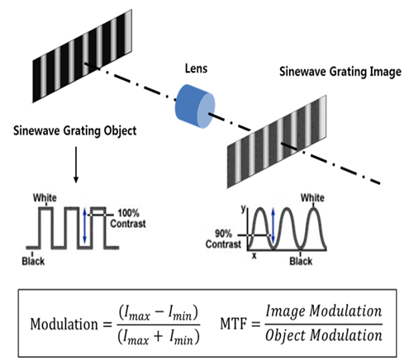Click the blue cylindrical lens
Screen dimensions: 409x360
[195, 107]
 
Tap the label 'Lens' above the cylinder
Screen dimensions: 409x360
[196, 69]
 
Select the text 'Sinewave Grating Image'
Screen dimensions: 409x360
[340, 72]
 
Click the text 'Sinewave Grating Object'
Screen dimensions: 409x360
[75, 130]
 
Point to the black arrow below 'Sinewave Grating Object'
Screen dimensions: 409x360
[76, 164]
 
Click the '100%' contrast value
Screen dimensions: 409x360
[128, 213]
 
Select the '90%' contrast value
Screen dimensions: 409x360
[223, 234]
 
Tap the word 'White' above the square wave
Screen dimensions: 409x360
[45, 197]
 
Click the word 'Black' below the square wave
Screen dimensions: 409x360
[33, 261]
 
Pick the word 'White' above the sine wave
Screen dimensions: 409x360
[312, 197]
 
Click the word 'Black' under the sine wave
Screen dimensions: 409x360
[301, 261]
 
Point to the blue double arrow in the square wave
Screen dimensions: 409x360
[84, 225]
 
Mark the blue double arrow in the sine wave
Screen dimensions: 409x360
[273, 225]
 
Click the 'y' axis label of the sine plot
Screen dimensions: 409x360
[244, 208]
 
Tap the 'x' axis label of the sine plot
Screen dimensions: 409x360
[254, 256]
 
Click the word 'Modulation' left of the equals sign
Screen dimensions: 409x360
[64, 324]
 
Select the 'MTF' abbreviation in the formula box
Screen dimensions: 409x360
[233, 324]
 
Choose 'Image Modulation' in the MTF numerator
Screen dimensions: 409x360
[324, 311]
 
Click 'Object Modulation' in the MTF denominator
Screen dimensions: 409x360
[324, 335]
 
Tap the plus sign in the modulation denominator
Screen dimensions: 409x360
[158, 337]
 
